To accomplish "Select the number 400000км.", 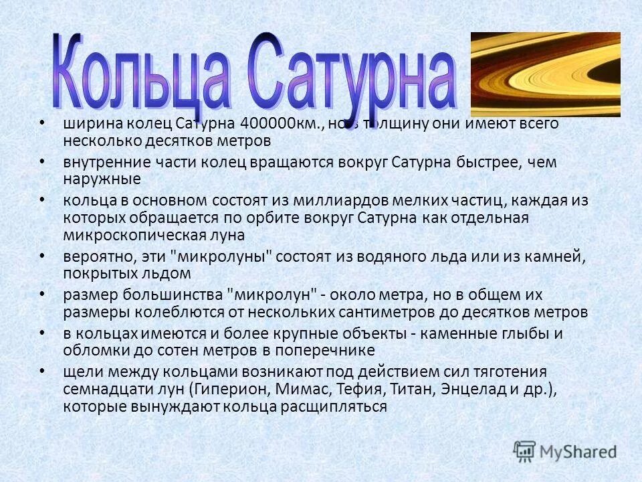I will [282, 125].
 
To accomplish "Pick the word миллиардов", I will [304, 201].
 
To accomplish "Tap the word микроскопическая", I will [146, 235].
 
